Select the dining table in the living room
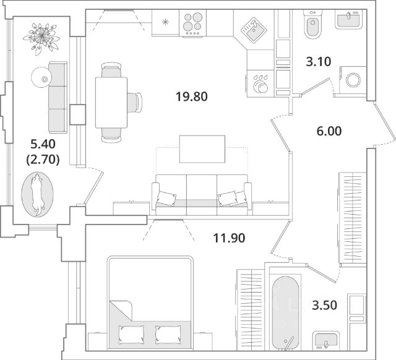111,101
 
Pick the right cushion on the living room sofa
228,198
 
